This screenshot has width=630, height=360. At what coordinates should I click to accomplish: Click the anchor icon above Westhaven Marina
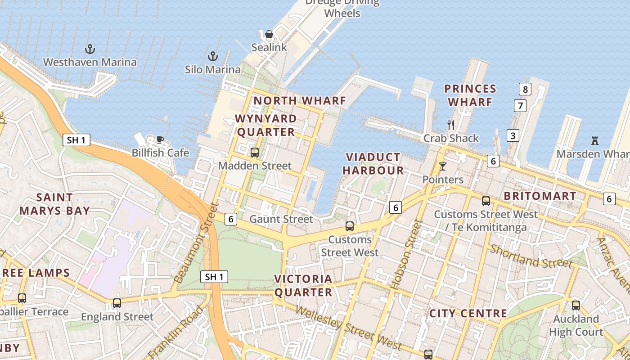click(x=90, y=49)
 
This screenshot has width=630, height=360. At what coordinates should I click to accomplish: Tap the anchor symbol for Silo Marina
click(x=212, y=56)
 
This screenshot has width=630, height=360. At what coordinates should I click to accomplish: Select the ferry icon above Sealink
click(x=269, y=34)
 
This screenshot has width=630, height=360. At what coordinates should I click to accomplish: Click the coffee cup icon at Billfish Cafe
click(x=160, y=139)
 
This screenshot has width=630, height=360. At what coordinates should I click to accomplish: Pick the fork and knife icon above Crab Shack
click(x=451, y=125)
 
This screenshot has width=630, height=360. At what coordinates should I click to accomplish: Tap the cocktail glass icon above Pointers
click(x=443, y=166)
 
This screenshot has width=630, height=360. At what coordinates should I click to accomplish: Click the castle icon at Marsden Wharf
click(x=595, y=141)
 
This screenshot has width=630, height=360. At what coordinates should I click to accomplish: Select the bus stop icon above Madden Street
click(x=255, y=153)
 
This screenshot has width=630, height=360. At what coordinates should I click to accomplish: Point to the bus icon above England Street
click(x=117, y=303)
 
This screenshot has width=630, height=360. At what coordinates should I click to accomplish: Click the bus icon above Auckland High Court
click(x=576, y=306)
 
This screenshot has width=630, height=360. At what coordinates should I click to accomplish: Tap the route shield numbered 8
click(x=525, y=89)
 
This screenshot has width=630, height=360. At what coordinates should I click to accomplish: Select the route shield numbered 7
click(x=520, y=106)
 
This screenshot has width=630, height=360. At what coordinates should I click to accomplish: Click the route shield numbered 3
click(x=513, y=135)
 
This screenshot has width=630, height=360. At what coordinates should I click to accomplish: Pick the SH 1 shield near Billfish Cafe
click(x=76, y=140)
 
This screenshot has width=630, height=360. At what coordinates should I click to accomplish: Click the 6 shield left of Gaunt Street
click(x=230, y=219)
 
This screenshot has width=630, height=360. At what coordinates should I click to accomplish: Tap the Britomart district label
click(x=540, y=196)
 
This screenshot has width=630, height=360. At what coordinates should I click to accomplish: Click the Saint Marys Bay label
click(x=54, y=204)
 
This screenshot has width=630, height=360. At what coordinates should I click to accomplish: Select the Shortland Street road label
click(x=531, y=256)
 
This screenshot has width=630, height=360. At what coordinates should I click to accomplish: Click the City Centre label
click(x=468, y=313)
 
